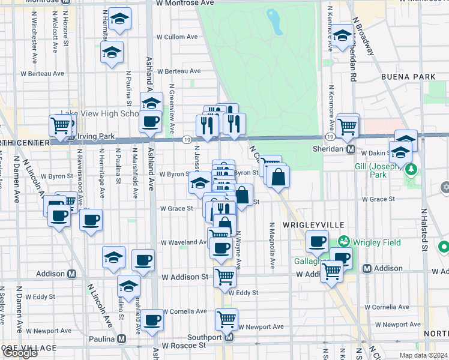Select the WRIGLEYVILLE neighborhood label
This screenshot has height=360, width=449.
pyautogui.click(x=315, y=224)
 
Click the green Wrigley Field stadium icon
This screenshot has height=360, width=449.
pyautogui.click(x=344, y=242)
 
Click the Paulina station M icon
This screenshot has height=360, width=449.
pyautogui.click(x=122, y=338)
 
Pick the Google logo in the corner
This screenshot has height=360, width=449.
pyautogui.click(x=20, y=353)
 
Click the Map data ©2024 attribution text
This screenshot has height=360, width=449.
pyautogui.click(x=424, y=355)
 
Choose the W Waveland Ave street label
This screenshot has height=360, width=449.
pyautogui.click(x=184, y=242)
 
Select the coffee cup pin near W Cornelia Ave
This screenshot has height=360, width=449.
pyautogui.click(x=152, y=320)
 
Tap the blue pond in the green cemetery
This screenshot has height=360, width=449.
pyautogui.click(x=275, y=22)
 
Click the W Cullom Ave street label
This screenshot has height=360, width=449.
pyautogui.click(x=177, y=37)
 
